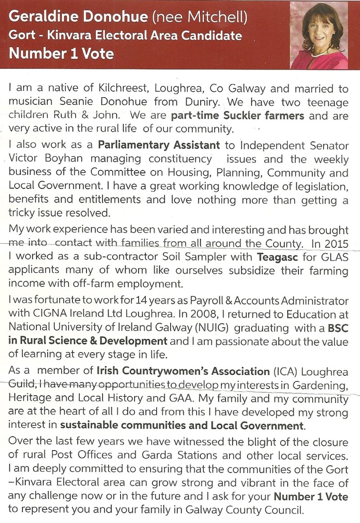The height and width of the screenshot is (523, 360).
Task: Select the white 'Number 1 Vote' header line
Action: coord(61,54)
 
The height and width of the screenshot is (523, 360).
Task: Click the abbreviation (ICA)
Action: coord(287,371)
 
